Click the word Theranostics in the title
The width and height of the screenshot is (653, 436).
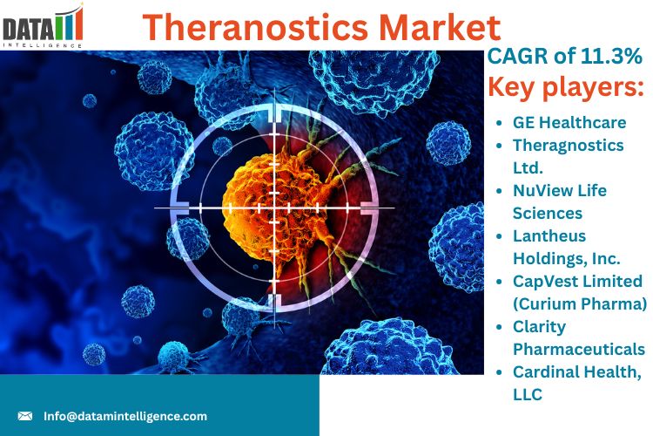(255, 28)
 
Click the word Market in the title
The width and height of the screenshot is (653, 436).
(440, 28)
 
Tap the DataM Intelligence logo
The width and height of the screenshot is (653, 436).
(42, 26)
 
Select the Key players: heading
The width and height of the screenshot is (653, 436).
(566, 87)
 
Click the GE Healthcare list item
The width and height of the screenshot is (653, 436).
(569, 122)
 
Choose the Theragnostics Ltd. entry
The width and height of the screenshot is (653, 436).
(568, 156)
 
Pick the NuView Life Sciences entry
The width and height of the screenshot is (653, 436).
(559, 202)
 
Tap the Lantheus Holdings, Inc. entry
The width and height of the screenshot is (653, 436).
(567, 248)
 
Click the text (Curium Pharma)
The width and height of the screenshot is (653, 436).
(580, 303)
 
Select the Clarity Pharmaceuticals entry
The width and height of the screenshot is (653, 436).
(579, 338)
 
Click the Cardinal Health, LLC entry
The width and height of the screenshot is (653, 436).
(576, 384)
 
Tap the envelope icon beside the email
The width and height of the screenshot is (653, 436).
(25, 416)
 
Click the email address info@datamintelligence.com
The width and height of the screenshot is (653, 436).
(125, 416)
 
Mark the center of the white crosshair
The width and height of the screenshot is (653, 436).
(274, 208)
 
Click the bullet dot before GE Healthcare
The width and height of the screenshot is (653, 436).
(500, 123)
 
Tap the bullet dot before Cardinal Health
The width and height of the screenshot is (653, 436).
(500, 372)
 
